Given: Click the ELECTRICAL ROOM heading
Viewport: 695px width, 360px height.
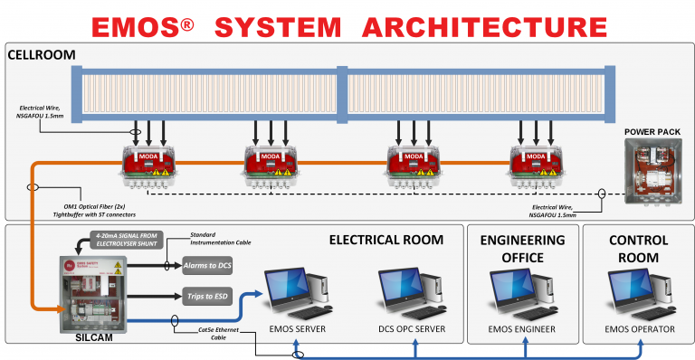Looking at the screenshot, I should [386, 240].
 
